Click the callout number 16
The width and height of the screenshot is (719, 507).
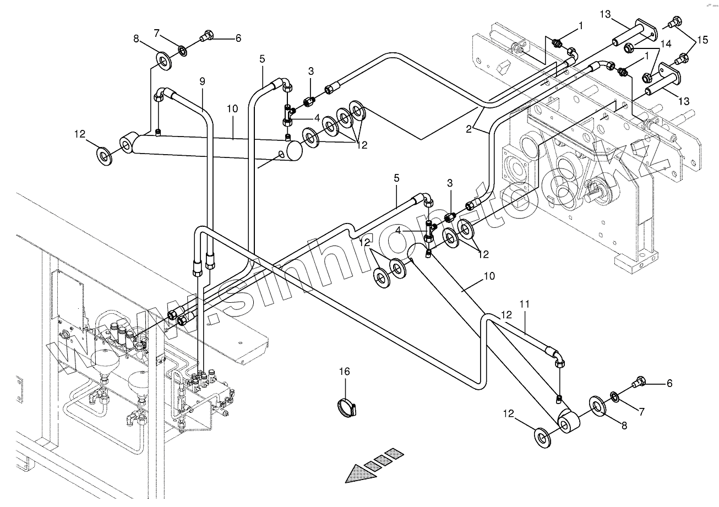pyautogui.click(x=344, y=372)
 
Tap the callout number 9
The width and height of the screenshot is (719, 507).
pyautogui.click(x=202, y=81)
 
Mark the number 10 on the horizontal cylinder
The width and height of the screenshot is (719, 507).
pyautogui.click(x=232, y=108)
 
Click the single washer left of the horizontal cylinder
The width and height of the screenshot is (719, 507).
pyautogui.click(x=105, y=156)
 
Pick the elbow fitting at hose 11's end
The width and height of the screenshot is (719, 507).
pyautogui.click(x=557, y=358)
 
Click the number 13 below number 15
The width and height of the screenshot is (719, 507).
pyautogui.click(x=683, y=101)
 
